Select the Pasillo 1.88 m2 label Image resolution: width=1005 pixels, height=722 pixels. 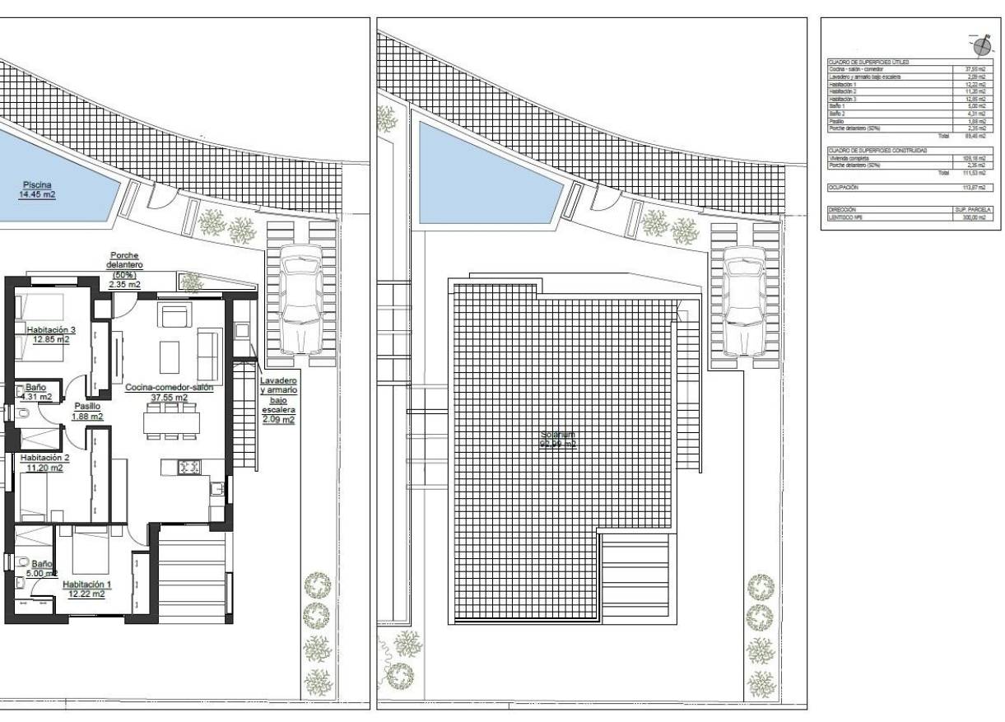pyautogui.click(x=87, y=411)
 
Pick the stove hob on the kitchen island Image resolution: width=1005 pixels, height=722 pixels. pyautogui.click(x=189, y=467)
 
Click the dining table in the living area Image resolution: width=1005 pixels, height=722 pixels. pyautogui.click(x=171, y=422)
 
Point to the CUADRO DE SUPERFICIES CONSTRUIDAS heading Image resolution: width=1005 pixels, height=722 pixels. pyautogui.click(x=877, y=151)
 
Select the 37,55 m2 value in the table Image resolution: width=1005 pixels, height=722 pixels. pyautogui.click(x=974, y=69)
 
